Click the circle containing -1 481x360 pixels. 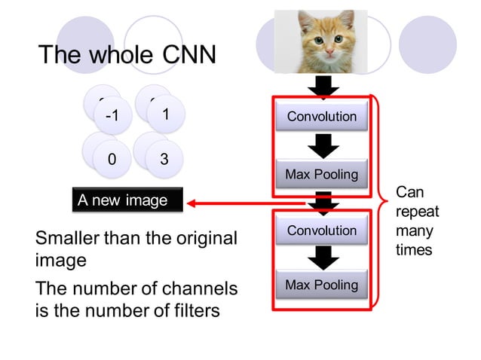[x=112, y=116]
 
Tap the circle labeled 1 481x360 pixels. [x=164, y=113]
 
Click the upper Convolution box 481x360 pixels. [x=322, y=117]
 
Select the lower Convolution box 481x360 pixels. [x=322, y=230]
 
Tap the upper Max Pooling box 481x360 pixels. [x=322, y=175]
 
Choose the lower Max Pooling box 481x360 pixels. [x=322, y=285]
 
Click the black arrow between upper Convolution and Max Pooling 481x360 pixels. [x=323, y=145]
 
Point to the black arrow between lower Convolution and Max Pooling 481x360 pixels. [x=323, y=258]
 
